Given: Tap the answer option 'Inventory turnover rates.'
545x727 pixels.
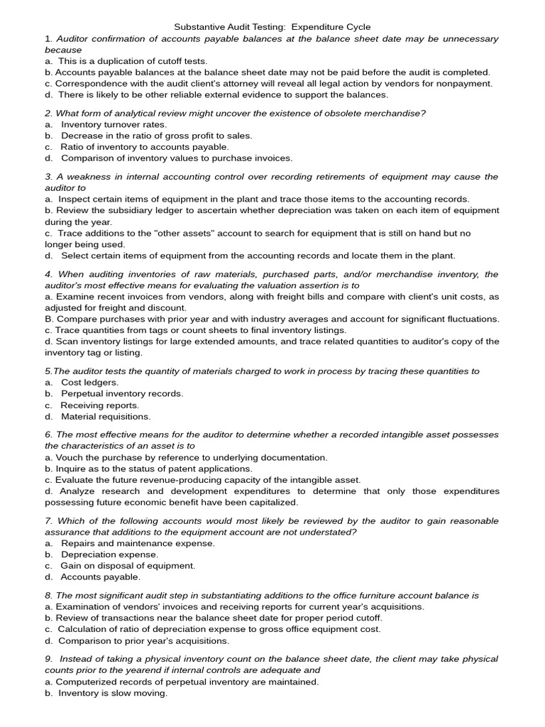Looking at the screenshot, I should point(114,124).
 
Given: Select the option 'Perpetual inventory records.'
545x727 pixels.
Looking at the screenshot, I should point(121,393).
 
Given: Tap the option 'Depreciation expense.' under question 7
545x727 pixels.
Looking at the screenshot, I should point(109,554).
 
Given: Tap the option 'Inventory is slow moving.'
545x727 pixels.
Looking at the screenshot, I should point(114,693).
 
